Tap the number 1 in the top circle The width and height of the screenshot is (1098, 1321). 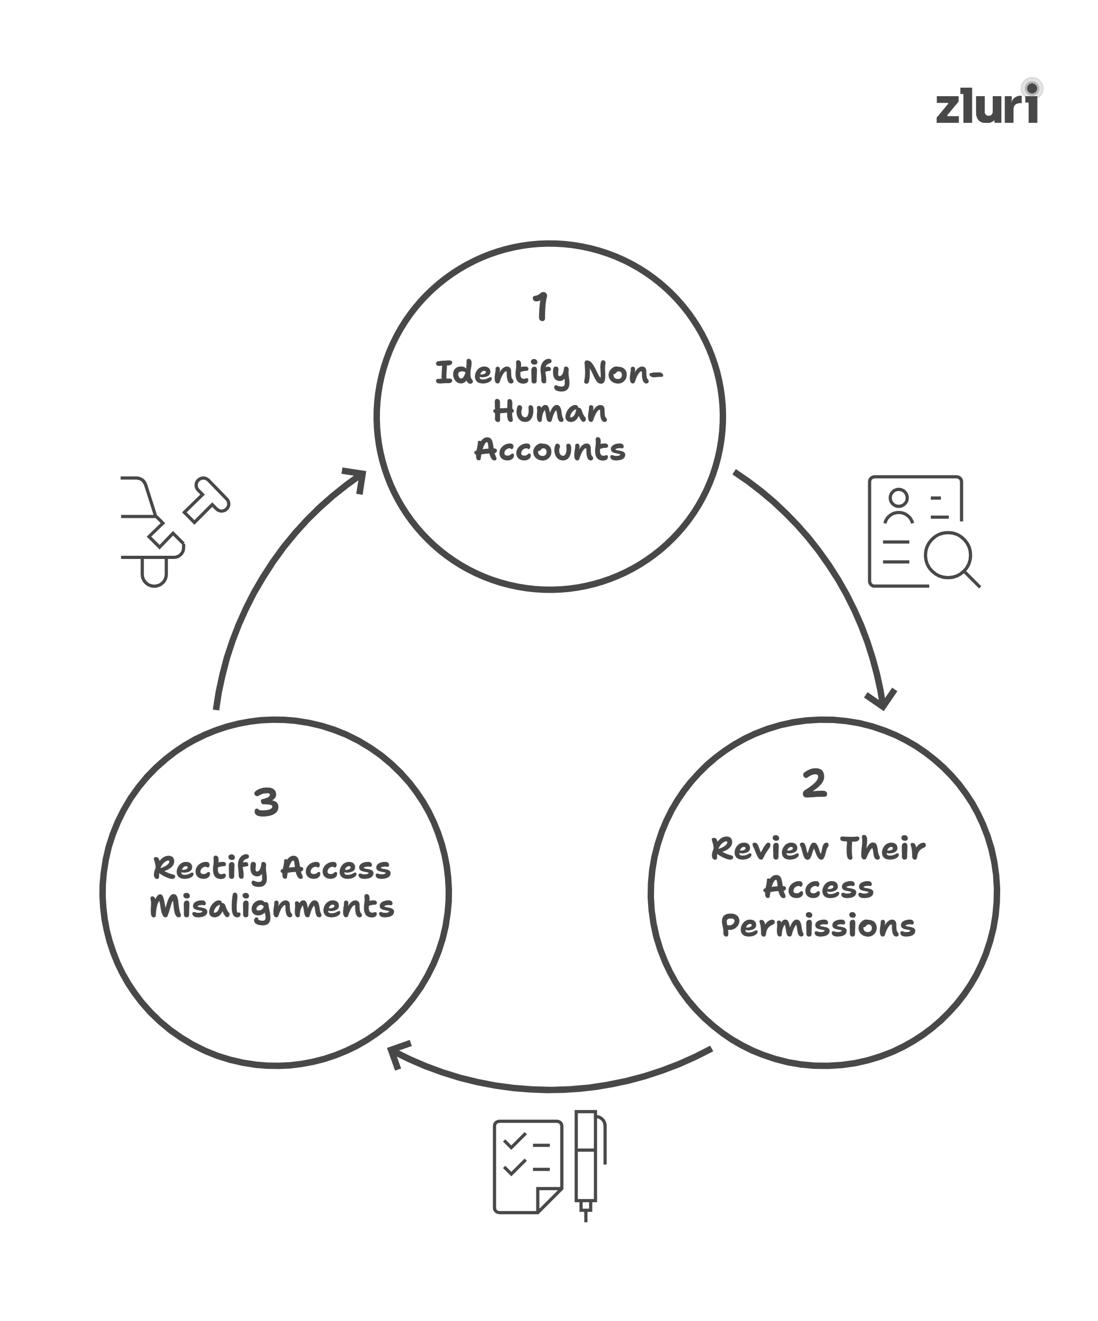tap(541, 307)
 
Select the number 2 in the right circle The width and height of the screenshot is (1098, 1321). tap(814, 783)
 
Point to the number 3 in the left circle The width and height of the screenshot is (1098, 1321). tap(266, 803)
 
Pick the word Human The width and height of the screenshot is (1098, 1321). tap(550, 412)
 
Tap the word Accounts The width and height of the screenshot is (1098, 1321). tap(550, 450)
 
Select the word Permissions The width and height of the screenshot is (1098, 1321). tap(817, 926)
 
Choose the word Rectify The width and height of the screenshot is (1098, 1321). tap(210, 869)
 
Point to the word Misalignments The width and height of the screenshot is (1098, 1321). tap(271, 907)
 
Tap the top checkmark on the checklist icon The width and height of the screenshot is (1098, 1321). tap(515, 1140)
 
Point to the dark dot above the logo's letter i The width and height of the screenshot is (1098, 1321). tap(1031, 88)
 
